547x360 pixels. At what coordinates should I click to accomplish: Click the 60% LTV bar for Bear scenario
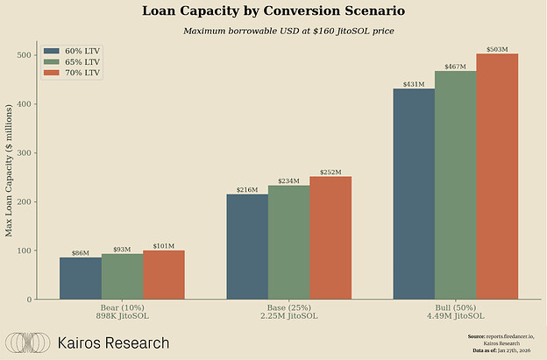(80, 278)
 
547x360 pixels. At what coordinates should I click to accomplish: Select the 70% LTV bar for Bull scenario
(497, 176)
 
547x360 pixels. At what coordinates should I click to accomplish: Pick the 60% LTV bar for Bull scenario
(414, 194)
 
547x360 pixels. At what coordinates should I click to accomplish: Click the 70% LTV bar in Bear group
(164, 275)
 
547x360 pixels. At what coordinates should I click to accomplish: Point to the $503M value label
(497, 48)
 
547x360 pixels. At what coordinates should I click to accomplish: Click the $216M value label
(247, 189)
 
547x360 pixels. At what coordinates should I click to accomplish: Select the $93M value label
(122, 249)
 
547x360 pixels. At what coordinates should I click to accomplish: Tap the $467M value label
(455, 66)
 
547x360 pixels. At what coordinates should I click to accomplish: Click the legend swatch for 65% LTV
(52, 62)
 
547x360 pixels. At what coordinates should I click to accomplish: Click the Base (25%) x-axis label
(288, 308)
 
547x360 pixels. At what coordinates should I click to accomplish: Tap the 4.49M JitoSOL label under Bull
(455, 317)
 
